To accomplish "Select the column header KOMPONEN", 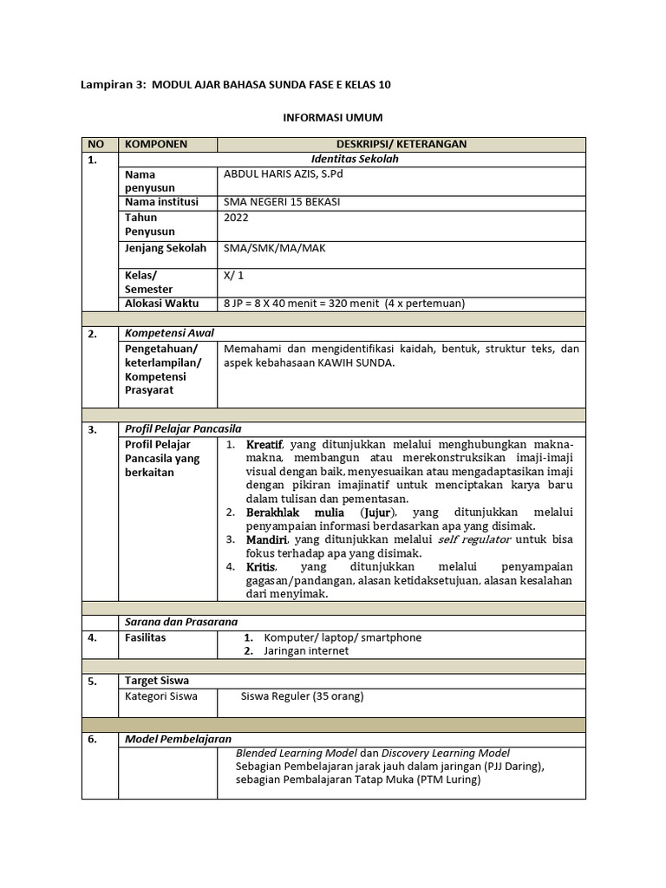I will click(156, 144).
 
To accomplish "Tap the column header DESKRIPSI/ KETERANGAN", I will click(402, 144).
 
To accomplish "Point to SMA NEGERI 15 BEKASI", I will click(282, 202).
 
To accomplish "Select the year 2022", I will click(236, 219).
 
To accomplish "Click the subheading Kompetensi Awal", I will click(169, 333).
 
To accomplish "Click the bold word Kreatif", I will click(265, 444).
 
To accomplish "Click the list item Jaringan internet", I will click(306, 650).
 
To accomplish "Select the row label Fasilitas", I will click(145, 637).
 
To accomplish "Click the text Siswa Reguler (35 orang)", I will click(303, 695).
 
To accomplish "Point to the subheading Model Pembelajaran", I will click(178, 739).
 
